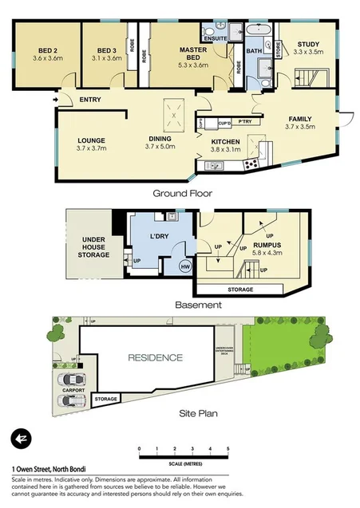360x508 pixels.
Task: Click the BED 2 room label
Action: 47,49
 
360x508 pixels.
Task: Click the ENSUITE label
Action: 216,37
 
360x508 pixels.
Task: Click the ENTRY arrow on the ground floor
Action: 54,100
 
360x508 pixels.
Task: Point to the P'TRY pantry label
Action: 244,123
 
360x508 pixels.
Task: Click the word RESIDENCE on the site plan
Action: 155,357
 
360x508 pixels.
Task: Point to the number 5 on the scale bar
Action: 229,450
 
